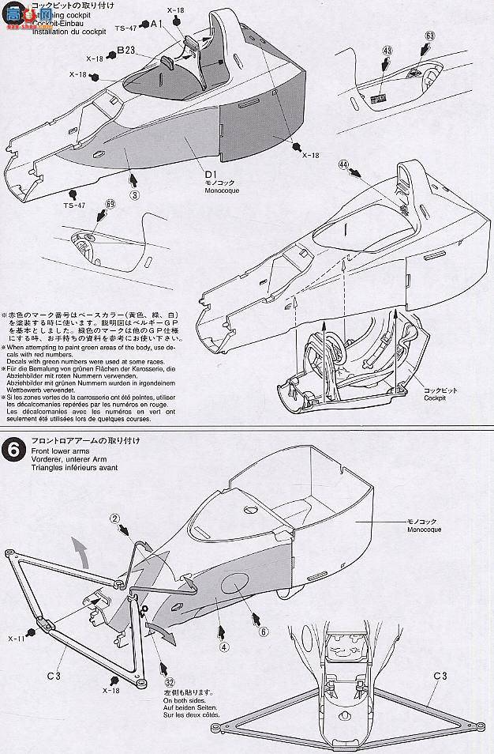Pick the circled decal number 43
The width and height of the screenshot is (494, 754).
point(387,51)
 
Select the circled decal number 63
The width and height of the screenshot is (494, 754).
point(429,36)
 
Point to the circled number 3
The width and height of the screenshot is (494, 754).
point(135,194)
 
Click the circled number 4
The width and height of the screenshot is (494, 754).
point(224,647)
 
